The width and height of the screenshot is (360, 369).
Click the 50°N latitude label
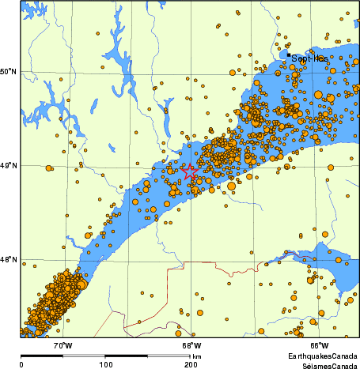pyautogui.click(x=9, y=72)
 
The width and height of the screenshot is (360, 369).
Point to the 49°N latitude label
pyautogui.click(x=9, y=166)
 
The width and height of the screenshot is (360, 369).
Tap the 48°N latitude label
pyautogui.click(x=9, y=259)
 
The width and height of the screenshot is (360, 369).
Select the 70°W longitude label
pyautogui.click(x=63, y=345)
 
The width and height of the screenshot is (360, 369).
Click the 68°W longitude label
pyautogui.click(x=191, y=345)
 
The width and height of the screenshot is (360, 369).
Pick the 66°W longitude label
pyautogui.click(x=319, y=345)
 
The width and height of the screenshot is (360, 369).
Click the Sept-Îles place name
pyautogui.click(x=309, y=58)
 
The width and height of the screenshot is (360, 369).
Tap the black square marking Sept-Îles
pyautogui.click(x=288, y=55)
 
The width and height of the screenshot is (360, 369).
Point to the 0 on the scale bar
pyautogui.click(x=21, y=364)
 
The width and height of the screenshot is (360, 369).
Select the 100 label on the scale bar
pyautogui.click(x=104, y=364)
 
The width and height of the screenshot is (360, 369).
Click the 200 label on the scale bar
pyautogui.click(x=190, y=364)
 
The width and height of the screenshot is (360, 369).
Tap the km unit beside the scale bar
pyautogui.click(x=196, y=356)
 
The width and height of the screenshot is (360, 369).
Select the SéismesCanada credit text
pyautogui.click(x=324, y=366)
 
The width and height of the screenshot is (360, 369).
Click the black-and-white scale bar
pyautogui.click(x=105, y=356)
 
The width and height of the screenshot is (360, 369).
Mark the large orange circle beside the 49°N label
pyautogui.click(x=49, y=168)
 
